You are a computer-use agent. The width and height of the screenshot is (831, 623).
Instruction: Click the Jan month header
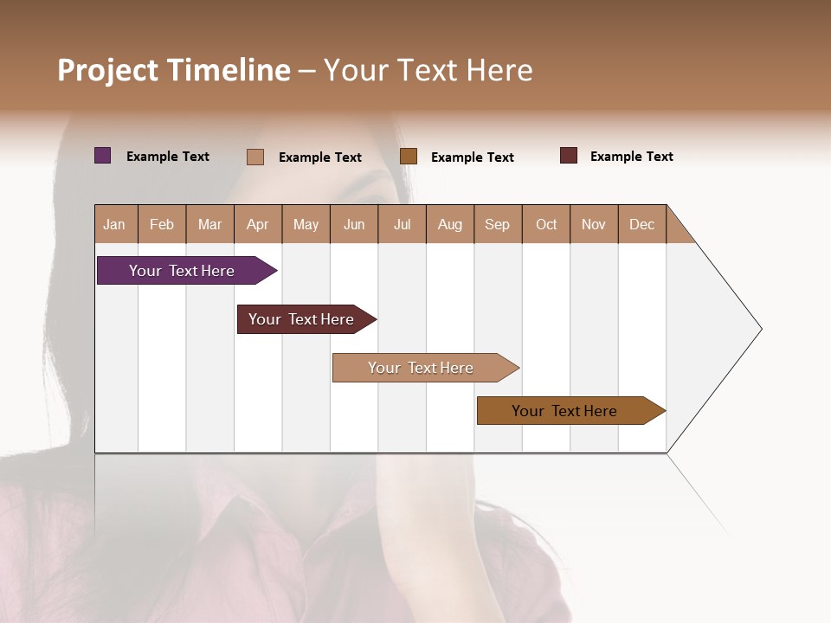point(115,224)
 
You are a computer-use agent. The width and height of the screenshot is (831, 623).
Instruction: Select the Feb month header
point(162,224)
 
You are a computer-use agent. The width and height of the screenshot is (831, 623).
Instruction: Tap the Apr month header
point(258,224)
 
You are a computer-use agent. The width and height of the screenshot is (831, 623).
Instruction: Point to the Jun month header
point(354,224)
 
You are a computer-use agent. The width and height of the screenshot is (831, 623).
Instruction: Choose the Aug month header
point(450,224)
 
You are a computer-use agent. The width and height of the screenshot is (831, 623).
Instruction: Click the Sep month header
point(498,224)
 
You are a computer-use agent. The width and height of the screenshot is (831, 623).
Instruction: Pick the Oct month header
point(546,224)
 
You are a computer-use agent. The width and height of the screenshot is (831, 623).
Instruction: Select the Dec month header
point(642,224)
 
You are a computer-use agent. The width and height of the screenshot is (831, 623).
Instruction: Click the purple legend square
point(103,156)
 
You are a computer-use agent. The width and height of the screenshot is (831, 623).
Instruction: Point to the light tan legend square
point(255,157)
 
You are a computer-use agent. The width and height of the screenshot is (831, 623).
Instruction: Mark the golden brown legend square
point(409,157)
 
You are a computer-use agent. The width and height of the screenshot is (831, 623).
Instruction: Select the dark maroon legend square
point(569,156)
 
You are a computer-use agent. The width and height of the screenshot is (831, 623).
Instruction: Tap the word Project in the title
point(107,70)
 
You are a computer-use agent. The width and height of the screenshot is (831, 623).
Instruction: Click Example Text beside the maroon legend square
point(631,157)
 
